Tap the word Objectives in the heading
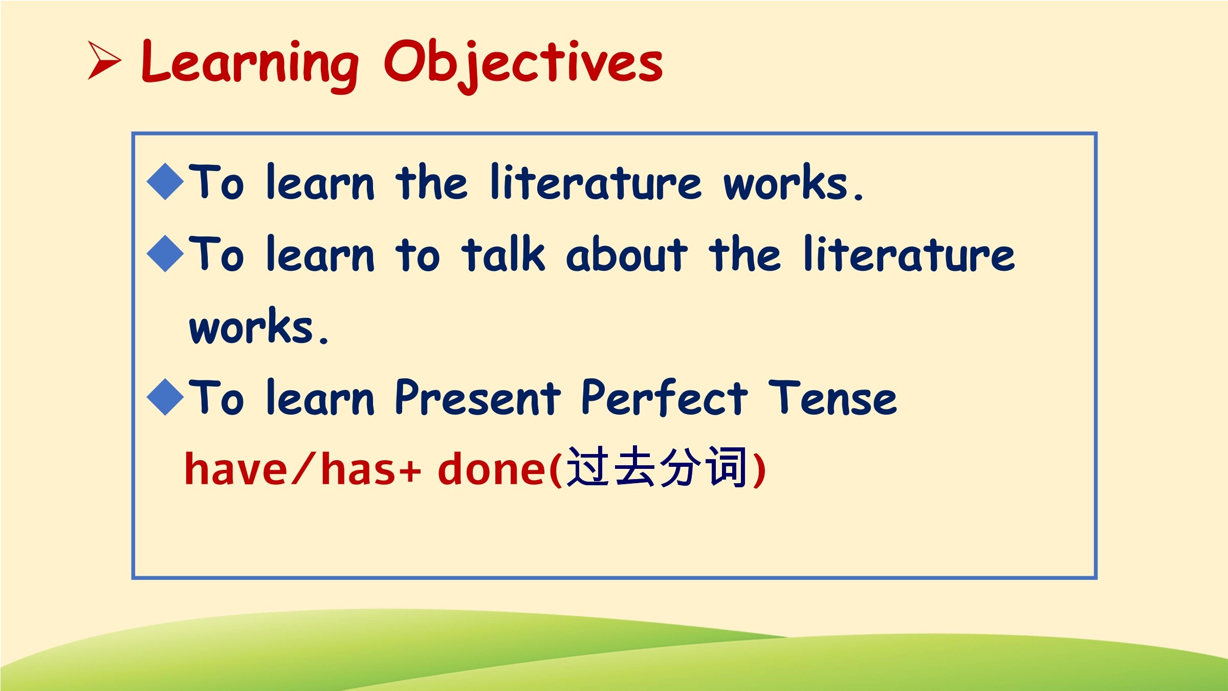click(523, 66)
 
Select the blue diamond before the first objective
click(165, 181)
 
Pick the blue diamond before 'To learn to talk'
click(165, 253)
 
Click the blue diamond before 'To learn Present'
click(165, 397)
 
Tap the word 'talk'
click(503, 253)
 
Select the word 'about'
click(627, 253)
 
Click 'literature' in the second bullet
click(909, 253)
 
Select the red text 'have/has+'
click(302, 468)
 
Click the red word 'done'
click(492, 468)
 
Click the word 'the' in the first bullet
click(431, 181)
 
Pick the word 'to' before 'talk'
click(418, 254)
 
